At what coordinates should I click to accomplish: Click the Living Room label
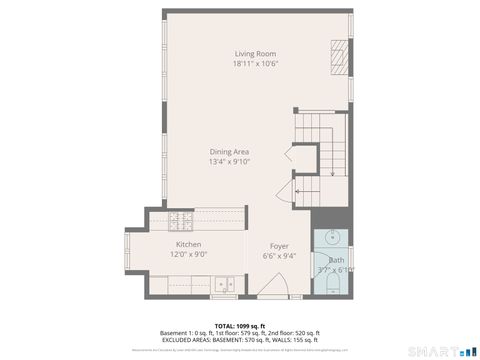pos(255,53)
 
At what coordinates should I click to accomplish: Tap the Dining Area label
pos(229,151)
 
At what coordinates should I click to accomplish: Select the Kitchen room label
pos(189,244)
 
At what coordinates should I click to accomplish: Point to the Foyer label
pos(279,245)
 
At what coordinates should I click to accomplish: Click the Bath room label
pos(336,259)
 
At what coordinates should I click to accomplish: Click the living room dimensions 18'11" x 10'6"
pos(255,63)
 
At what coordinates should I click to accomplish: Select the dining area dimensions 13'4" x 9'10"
pos(229,161)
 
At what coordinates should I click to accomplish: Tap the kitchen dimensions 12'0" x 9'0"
pos(189,254)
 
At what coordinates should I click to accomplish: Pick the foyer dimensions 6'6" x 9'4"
pos(279,255)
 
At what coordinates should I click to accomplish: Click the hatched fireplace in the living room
pos(340,51)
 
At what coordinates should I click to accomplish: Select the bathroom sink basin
pos(330,239)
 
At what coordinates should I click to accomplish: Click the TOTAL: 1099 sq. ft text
pos(239,326)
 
